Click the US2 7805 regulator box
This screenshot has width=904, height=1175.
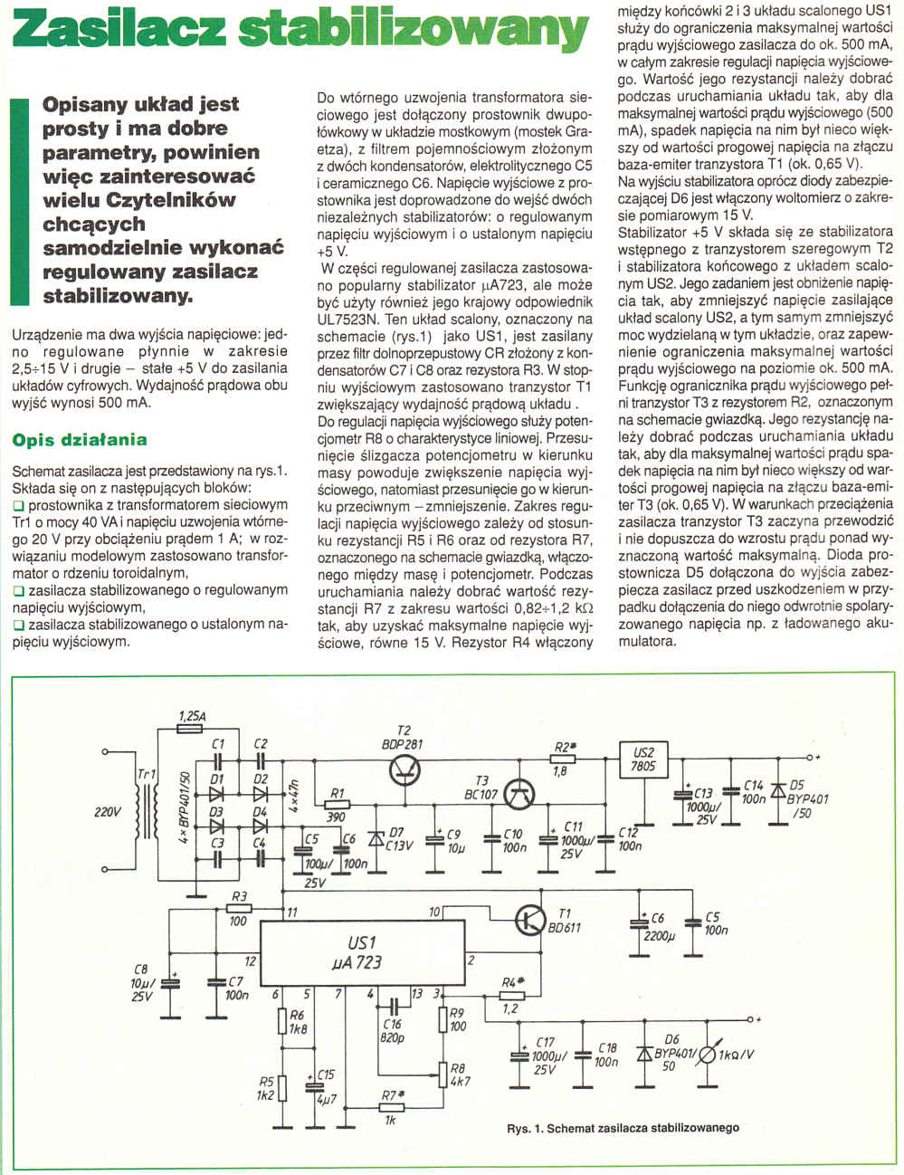point(643,759)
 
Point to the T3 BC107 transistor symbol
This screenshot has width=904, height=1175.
point(519,794)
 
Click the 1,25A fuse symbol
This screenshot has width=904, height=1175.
point(191,726)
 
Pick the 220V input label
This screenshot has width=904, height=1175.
point(107,812)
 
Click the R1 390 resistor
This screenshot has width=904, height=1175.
point(338,804)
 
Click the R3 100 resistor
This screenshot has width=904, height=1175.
point(239,908)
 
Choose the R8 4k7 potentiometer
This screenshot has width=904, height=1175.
point(443,1074)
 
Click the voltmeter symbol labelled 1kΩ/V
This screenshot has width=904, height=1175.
point(707,1054)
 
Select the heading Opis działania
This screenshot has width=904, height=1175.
point(80,440)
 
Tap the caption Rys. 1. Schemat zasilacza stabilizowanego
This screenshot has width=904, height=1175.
point(623,1128)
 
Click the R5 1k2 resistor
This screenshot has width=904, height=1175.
point(282,1087)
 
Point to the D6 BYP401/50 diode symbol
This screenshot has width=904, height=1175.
point(645,1054)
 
